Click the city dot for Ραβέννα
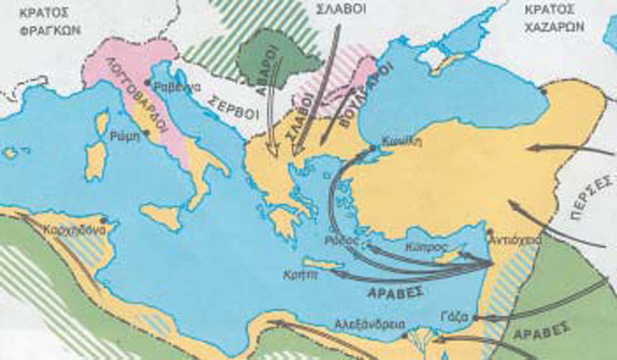pos(149,81)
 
